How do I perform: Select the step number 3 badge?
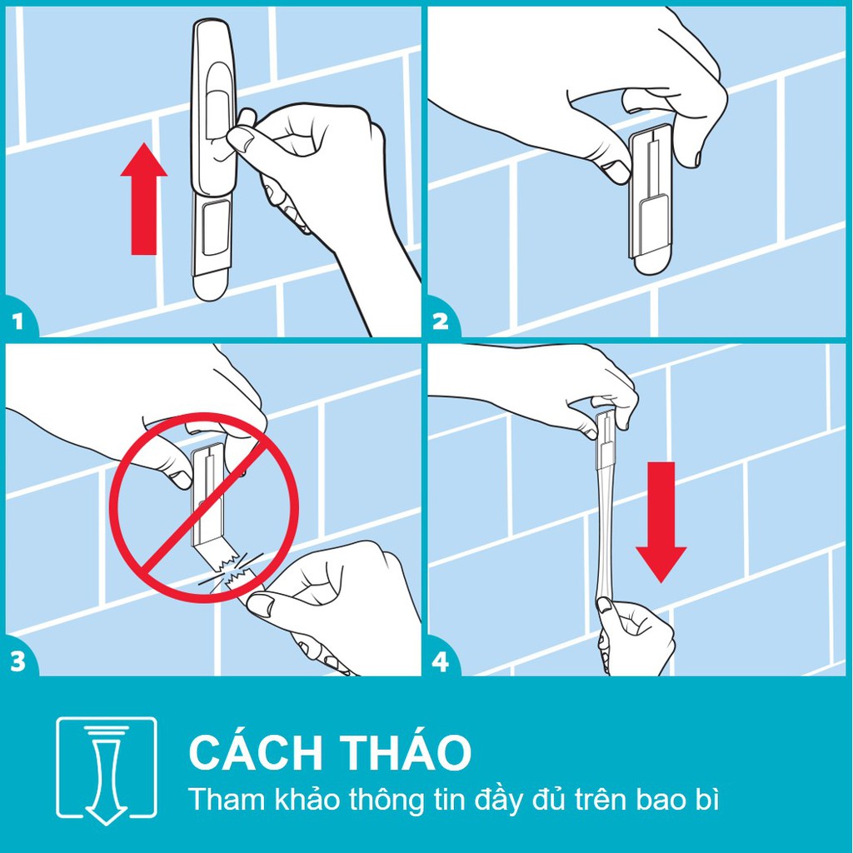(18, 661)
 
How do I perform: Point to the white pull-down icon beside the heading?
(106, 770)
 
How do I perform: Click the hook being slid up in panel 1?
(213, 108)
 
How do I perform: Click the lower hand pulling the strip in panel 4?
(633, 637)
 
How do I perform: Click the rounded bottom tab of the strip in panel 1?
(210, 285)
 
